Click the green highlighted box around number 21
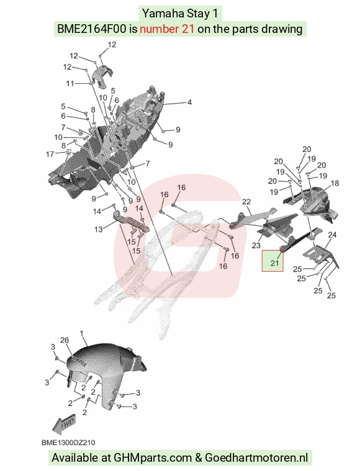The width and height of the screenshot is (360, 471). [x=272, y=261]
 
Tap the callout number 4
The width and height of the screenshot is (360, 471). [x=189, y=102]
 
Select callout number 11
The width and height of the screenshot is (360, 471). [x=70, y=83]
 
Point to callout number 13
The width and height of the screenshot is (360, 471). [x=99, y=229]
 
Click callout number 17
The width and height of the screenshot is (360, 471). [x=50, y=154]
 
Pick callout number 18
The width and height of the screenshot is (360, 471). [x=335, y=183]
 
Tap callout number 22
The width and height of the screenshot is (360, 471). [x=246, y=202]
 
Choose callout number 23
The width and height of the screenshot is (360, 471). [x=256, y=245]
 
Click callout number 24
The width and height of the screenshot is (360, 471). [x=331, y=235]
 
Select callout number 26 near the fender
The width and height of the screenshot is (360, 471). [x=65, y=340]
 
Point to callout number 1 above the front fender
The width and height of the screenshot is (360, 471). [x=81, y=333]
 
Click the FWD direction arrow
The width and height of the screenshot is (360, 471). [x=64, y=424]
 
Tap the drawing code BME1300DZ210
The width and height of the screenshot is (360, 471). [x=68, y=442]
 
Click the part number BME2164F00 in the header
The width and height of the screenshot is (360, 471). [x=91, y=29]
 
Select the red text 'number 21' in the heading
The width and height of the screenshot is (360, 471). [x=167, y=29]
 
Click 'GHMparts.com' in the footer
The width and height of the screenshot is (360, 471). [x=153, y=458]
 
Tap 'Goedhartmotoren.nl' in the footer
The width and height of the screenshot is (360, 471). [x=256, y=457]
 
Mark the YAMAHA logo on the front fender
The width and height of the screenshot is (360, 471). [x=79, y=361]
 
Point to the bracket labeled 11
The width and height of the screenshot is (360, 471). [x=101, y=76]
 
